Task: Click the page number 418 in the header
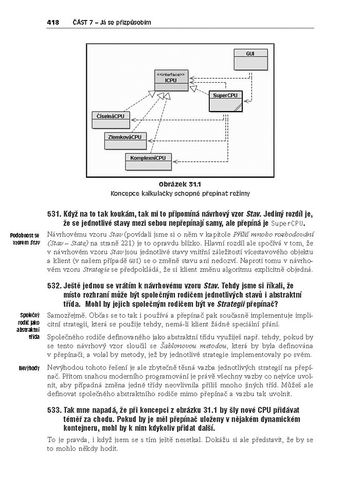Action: pos(52,22)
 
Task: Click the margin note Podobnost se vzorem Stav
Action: pos(25,239)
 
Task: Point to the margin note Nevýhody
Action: pos(28,368)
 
